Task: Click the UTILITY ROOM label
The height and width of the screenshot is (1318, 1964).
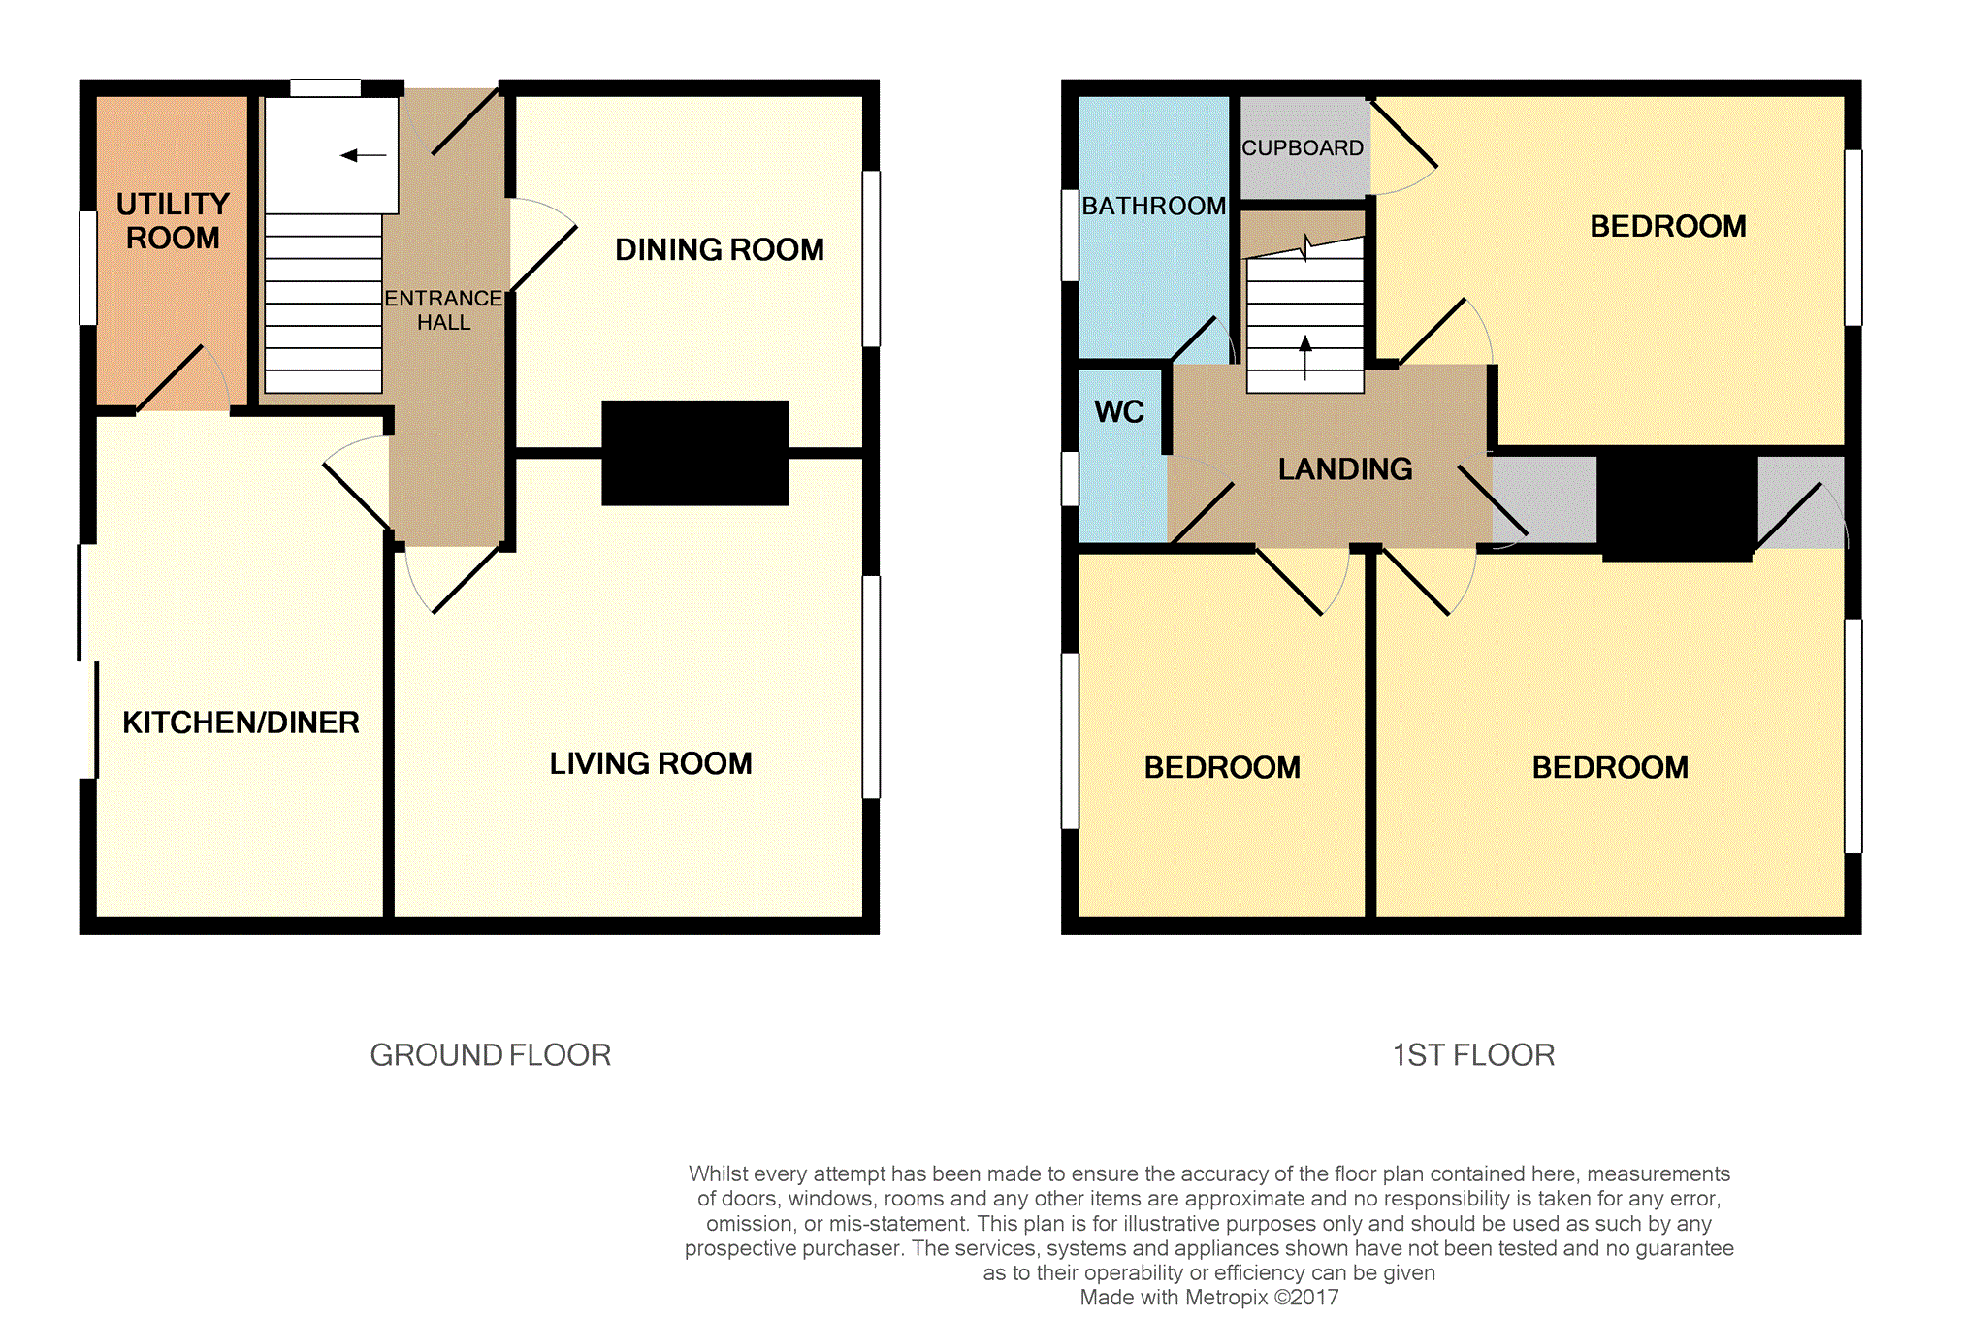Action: (173, 221)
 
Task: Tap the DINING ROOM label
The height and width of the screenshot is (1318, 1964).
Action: (720, 250)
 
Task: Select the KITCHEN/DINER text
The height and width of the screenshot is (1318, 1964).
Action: (241, 723)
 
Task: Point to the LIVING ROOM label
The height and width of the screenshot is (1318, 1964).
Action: (651, 764)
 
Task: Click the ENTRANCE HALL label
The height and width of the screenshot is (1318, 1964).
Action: (443, 310)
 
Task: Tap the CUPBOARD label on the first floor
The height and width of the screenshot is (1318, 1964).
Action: (1303, 148)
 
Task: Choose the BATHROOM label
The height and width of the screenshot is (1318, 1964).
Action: (1154, 207)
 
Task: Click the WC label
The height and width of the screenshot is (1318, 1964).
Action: (1119, 412)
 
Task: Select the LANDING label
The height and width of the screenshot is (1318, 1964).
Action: (1345, 469)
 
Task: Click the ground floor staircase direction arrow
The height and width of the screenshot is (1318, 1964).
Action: (364, 155)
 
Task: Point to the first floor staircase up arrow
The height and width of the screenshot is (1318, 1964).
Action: (1305, 357)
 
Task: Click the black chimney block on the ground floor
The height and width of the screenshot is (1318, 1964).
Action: (695, 453)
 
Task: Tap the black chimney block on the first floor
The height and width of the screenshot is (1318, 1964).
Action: (1677, 504)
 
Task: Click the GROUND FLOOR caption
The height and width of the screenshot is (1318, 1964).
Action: (491, 1055)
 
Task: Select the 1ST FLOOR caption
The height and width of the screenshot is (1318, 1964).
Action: (1473, 1055)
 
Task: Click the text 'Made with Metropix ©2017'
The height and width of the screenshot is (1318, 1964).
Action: (1209, 1298)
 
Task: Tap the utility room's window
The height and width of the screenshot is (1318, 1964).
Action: (88, 268)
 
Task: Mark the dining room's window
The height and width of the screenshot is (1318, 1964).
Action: (871, 258)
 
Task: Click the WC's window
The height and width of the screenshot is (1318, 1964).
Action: (1070, 478)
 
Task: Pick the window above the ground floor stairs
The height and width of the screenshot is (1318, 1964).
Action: (326, 88)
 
